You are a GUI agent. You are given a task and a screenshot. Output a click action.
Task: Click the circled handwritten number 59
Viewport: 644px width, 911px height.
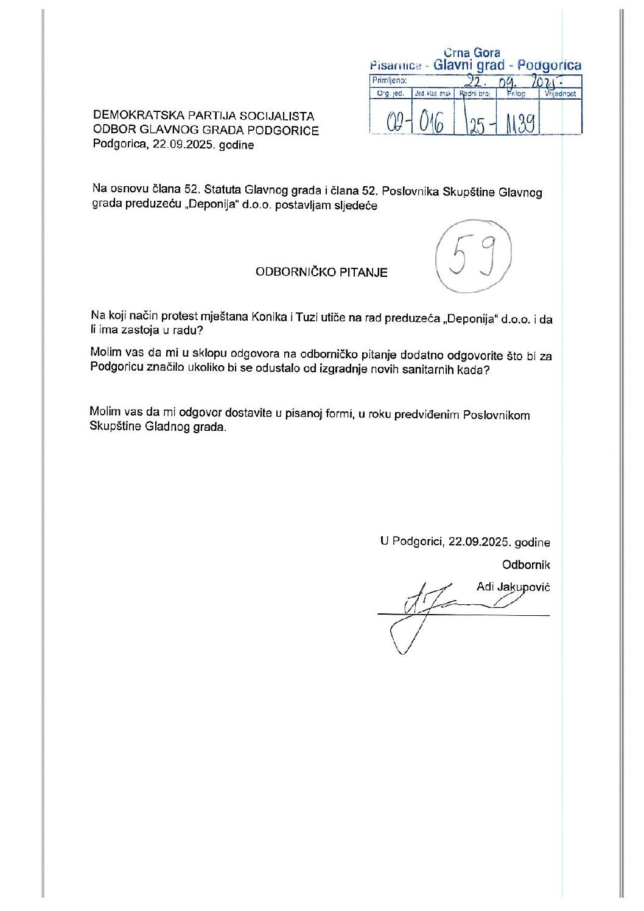pos(473,258)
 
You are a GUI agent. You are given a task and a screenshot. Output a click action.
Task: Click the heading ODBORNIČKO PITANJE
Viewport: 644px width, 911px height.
pos(321,272)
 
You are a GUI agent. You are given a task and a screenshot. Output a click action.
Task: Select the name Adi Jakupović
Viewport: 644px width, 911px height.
pos(513,587)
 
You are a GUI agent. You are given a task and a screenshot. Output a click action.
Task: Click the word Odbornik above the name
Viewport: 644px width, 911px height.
pos(526,565)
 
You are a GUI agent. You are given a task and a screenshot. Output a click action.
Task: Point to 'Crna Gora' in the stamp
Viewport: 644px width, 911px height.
pos(472,53)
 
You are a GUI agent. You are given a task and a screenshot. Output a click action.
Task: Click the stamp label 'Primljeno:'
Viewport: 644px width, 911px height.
pos(389,80)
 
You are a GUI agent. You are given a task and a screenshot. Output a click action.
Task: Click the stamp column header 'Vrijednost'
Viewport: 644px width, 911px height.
pos(561,94)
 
